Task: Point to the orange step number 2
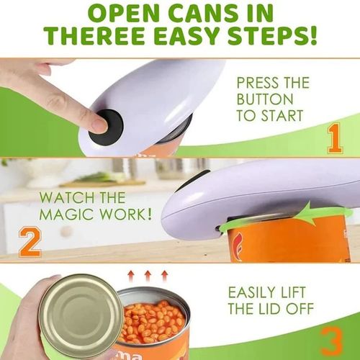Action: pos(29,242)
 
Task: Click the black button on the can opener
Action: pos(106,124)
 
